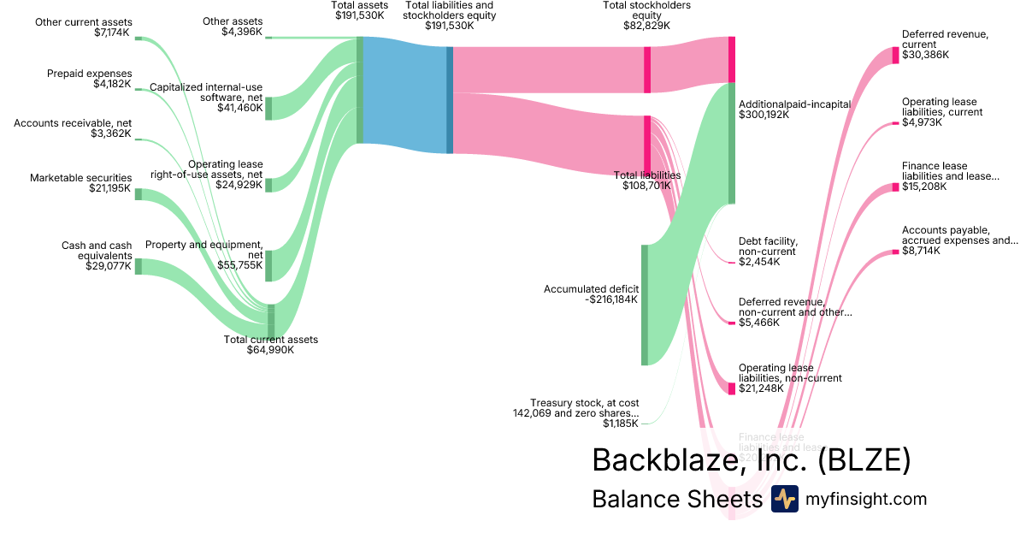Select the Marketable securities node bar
139,194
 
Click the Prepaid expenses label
89,74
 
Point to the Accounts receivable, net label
73,123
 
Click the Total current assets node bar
271,321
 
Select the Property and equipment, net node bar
268,265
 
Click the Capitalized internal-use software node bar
268,109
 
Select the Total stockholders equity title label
646,10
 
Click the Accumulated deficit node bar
645,305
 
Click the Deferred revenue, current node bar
895,55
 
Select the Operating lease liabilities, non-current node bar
732,388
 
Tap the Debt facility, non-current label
767,246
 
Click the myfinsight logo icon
784,499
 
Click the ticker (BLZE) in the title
864,460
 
